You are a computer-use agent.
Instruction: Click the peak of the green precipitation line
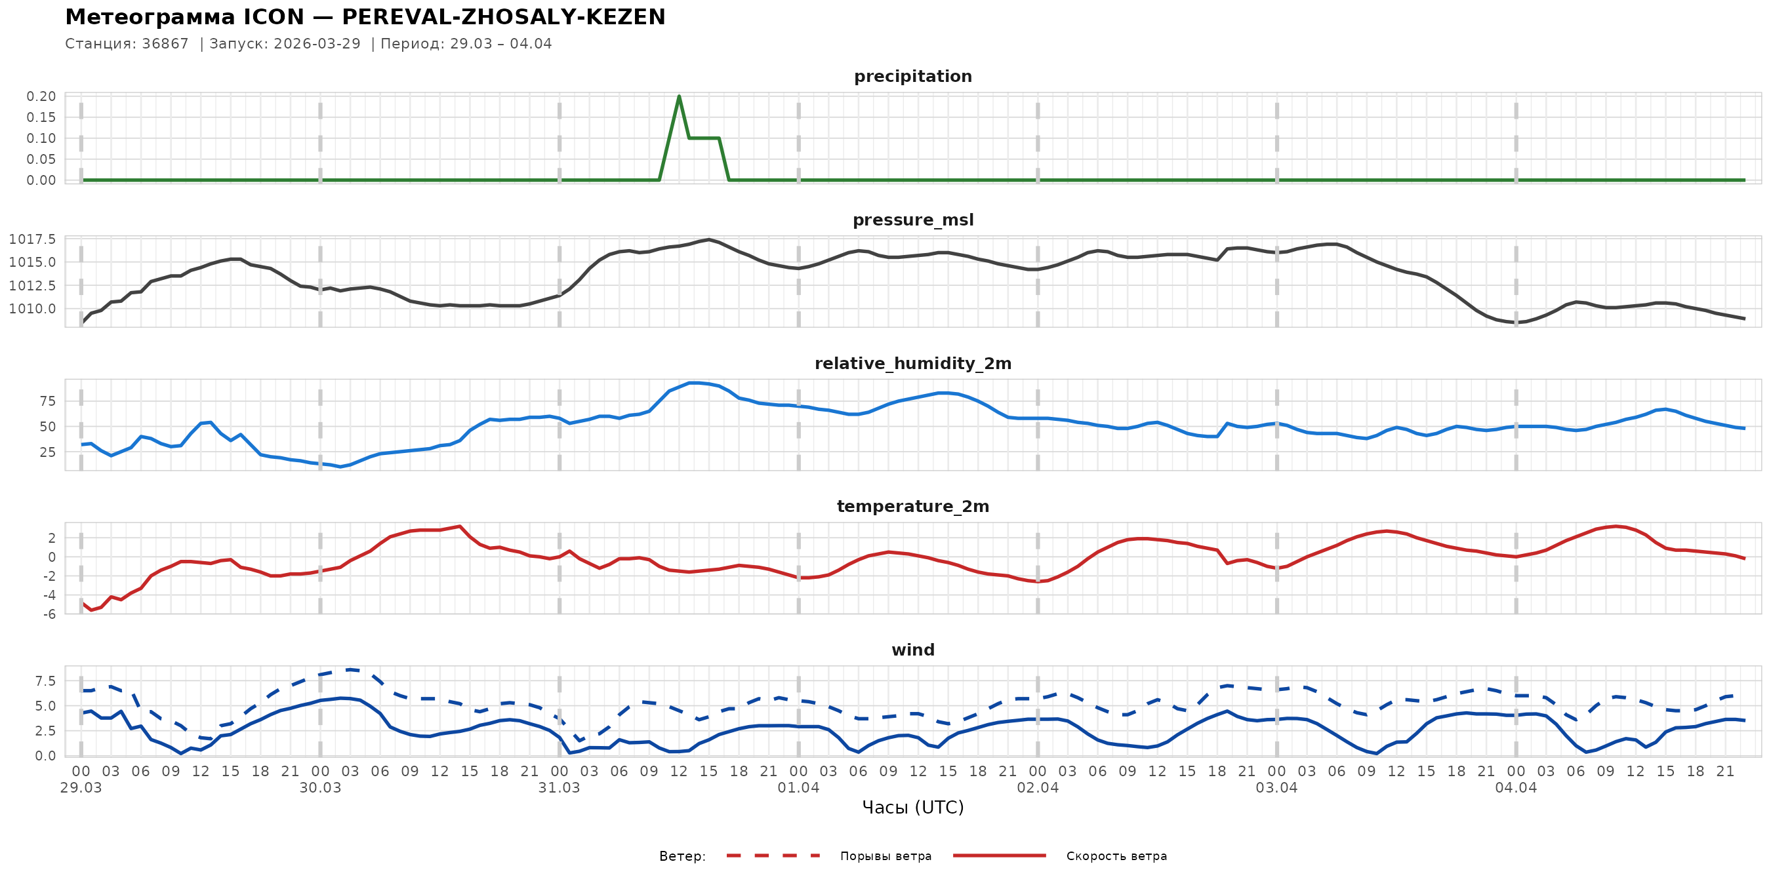(x=680, y=96)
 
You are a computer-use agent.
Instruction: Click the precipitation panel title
(x=912, y=76)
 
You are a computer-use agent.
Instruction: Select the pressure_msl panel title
(x=912, y=220)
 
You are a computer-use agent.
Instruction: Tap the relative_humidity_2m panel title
(x=912, y=363)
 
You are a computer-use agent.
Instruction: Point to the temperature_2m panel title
(x=912, y=506)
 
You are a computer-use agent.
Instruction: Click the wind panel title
(x=912, y=650)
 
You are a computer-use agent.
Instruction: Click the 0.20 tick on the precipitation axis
(x=41, y=96)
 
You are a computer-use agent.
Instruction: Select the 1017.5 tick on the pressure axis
(x=32, y=239)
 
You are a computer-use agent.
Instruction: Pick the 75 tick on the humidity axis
(x=47, y=401)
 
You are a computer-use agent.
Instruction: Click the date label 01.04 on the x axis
(x=798, y=788)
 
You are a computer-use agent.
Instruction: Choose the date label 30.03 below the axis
(x=319, y=788)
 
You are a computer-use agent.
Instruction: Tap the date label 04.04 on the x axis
(x=1515, y=788)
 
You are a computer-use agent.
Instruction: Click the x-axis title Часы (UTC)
(x=912, y=808)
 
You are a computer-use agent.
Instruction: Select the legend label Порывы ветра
(x=885, y=856)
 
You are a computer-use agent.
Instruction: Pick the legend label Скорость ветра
(x=1116, y=856)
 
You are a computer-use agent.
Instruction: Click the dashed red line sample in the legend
(x=773, y=856)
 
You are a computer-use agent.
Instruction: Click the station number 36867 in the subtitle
(x=165, y=44)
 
